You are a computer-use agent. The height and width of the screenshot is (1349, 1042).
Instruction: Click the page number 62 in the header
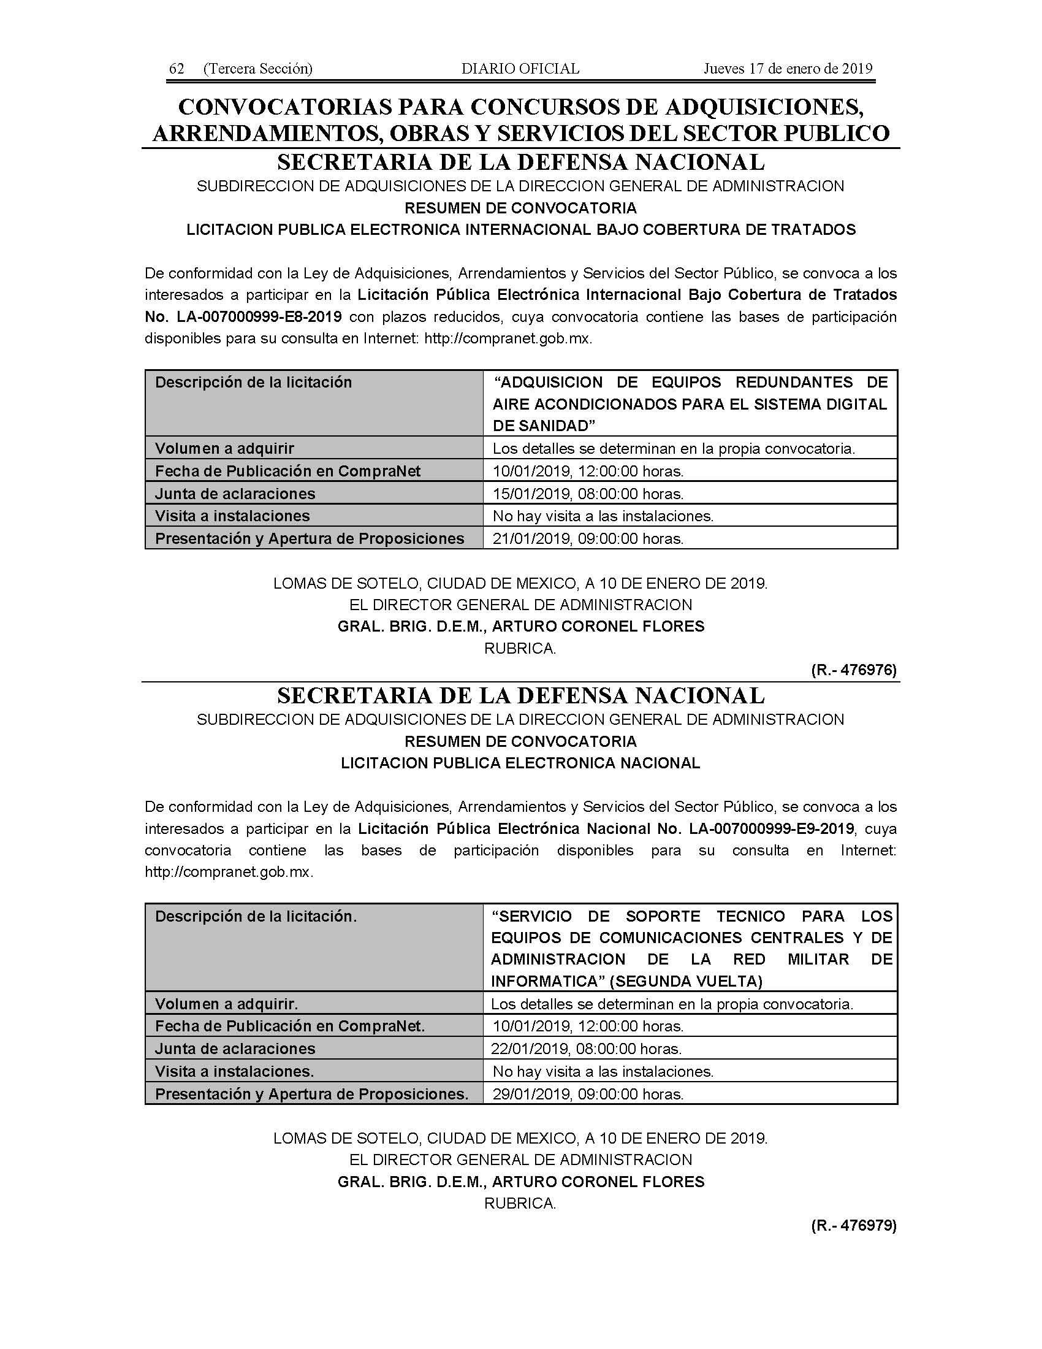click(177, 69)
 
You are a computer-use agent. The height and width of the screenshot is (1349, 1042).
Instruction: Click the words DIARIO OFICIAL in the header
click(520, 69)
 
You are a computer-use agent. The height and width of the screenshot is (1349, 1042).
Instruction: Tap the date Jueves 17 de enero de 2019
click(788, 69)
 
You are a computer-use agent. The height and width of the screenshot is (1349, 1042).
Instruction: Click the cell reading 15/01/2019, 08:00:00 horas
click(588, 494)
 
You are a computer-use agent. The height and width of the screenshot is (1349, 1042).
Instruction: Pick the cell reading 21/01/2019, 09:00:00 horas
click(588, 538)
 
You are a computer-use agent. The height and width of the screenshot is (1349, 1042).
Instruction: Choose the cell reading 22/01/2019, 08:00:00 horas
click(587, 1049)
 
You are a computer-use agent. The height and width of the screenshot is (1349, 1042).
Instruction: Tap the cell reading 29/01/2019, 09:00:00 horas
click(588, 1094)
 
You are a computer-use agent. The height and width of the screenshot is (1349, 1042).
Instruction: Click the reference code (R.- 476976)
click(853, 670)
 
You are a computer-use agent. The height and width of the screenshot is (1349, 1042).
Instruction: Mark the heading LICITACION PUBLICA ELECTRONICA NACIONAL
click(520, 763)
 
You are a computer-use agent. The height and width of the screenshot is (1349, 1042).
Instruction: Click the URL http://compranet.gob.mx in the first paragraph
click(508, 338)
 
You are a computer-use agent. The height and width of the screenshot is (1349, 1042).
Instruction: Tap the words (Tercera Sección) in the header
click(257, 69)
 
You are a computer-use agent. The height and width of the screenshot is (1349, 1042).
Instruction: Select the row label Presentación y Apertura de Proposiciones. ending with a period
click(312, 1094)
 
